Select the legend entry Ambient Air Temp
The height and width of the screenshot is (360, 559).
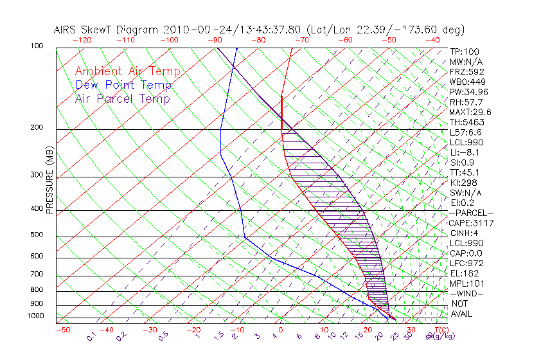127,71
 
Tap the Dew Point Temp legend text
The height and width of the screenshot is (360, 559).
123,85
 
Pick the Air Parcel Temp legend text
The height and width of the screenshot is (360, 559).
122,98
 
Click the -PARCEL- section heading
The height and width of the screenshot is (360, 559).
471,213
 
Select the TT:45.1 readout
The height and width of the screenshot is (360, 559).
465,172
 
